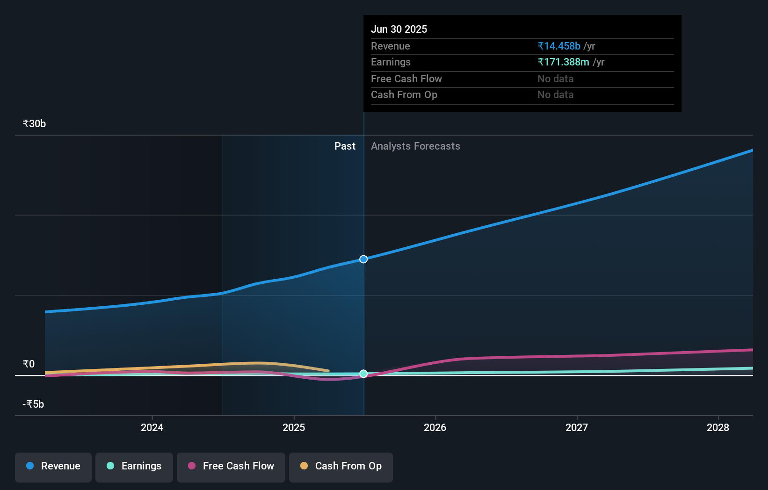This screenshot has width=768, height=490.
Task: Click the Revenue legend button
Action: coord(53,466)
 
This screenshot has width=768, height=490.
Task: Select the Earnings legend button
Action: coord(134,466)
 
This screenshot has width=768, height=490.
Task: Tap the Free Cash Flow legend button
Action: coord(231,466)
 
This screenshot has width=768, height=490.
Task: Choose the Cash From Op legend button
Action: coord(341,466)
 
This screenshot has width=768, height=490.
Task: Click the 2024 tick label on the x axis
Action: coord(152,427)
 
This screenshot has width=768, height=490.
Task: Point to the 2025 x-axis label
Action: coord(294,427)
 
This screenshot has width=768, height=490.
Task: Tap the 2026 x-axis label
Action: coord(435,427)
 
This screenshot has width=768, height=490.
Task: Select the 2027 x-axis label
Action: coord(577,427)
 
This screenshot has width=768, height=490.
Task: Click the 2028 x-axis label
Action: coord(718,427)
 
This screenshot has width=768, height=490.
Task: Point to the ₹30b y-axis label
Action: coord(34,124)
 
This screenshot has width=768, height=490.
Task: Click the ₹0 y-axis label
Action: coord(29,364)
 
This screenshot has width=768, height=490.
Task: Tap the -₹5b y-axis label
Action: coord(33,404)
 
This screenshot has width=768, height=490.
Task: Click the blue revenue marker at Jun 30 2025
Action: coord(363,259)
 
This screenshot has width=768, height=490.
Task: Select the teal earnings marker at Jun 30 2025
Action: coord(363,374)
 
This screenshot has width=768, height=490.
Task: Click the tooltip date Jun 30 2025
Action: coord(399,29)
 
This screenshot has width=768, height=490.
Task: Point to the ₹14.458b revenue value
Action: coord(559,46)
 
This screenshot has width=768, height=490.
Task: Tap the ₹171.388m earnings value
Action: coord(563,62)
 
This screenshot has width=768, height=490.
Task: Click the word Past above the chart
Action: coord(345,146)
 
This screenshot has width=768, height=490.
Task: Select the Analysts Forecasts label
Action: coord(415,146)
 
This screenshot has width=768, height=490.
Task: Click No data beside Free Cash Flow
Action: coord(555,79)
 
